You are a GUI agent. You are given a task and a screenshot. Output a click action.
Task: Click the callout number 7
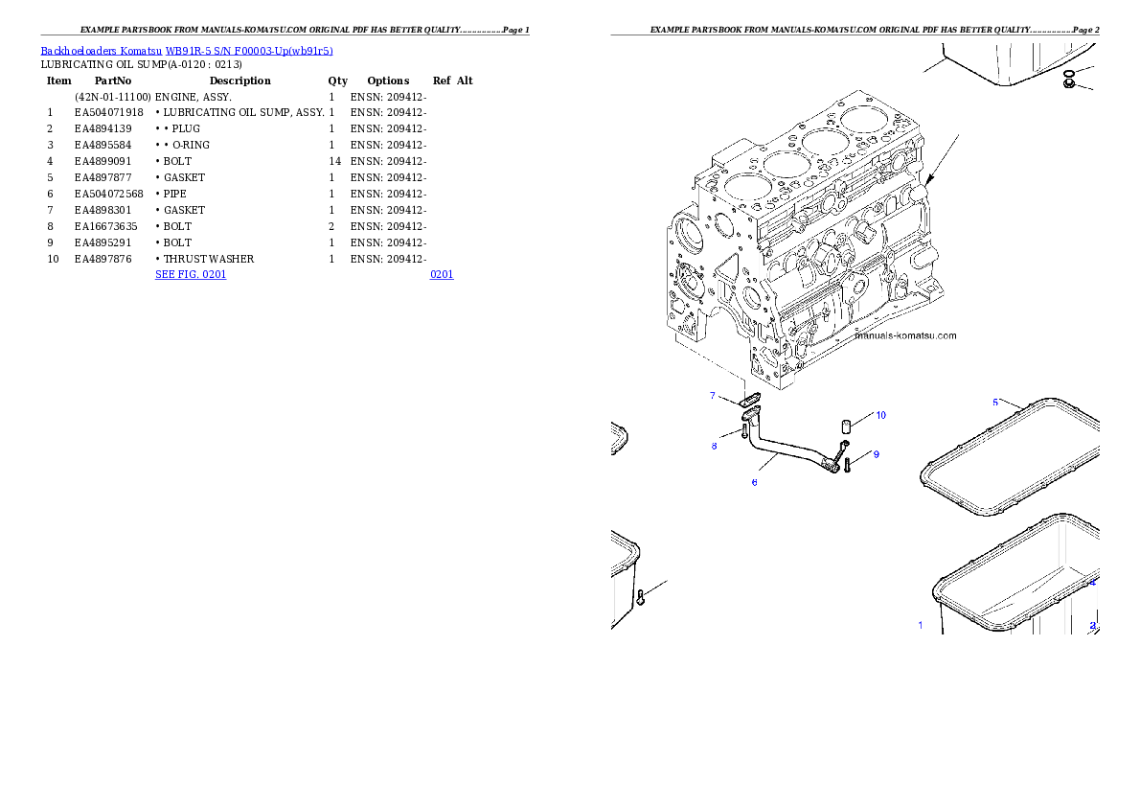tap(713, 395)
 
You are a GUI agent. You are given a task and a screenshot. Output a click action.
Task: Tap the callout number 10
tap(880, 415)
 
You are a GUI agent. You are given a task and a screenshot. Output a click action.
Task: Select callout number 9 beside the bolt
tap(876, 453)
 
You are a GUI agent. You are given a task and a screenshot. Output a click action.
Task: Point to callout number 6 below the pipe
tap(754, 482)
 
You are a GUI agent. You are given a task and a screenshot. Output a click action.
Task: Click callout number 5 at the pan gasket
tap(994, 402)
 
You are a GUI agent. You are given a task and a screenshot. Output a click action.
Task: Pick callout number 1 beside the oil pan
tap(921, 625)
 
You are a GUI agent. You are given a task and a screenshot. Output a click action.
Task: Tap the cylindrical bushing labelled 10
tap(846, 427)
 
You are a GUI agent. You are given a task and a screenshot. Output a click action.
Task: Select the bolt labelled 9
tap(848, 467)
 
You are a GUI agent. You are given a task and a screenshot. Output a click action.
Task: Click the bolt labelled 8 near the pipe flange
tap(743, 432)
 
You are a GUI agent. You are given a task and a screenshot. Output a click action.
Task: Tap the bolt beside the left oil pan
tap(641, 600)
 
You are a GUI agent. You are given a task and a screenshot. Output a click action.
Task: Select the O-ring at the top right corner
tap(1069, 73)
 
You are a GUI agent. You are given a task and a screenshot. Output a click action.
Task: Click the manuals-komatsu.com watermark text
tap(905, 335)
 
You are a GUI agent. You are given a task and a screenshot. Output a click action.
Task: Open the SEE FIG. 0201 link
tap(190, 274)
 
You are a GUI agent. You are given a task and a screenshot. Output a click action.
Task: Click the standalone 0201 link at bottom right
tap(441, 274)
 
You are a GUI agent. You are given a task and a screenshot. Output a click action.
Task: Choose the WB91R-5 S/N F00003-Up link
tap(187, 52)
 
